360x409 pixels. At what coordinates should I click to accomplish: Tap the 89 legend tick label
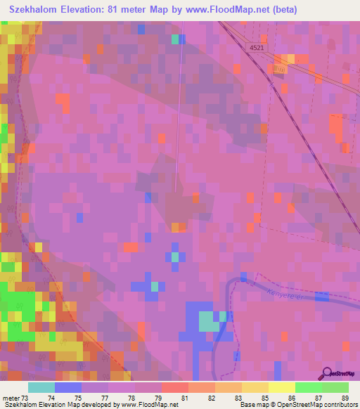coord(345,398)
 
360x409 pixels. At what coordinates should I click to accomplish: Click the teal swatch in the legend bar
coord(41,387)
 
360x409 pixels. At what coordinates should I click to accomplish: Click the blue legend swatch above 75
coord(68,387)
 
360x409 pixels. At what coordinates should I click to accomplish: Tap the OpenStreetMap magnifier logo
coord(328,375)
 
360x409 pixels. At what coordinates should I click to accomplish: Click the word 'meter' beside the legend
coord(11,398)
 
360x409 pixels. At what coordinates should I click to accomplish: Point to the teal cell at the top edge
coord(175,39)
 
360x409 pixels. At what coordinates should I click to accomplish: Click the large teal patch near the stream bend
coord(208,321)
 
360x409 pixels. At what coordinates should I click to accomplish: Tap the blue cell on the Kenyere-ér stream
coord(321,297)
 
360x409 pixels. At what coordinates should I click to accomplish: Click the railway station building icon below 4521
coord(280,71)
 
